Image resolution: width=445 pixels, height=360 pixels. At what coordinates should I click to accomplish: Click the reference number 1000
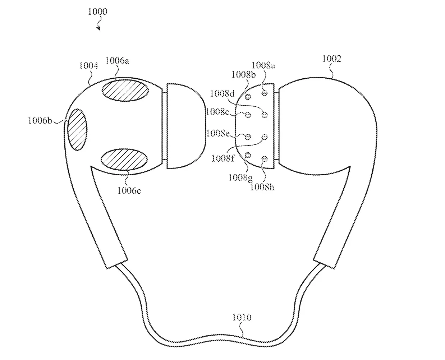tap(97, 11)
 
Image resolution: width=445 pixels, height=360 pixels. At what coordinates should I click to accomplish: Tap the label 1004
tap(88, 66)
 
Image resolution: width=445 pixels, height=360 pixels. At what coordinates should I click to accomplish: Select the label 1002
tap(332, 59)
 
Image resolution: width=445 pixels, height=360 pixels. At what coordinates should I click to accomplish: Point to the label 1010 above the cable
tap(242, 317)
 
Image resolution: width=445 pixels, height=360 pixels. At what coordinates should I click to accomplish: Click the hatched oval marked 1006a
tap(125, 90)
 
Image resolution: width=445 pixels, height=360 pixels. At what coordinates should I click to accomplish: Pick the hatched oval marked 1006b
tap(77, 129)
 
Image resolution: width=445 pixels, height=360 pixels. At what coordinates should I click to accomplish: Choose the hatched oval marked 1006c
tap(124, 159)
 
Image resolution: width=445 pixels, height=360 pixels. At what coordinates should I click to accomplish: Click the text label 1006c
tap(129, 190)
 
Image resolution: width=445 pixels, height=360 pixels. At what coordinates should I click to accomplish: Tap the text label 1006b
tap(40, 120)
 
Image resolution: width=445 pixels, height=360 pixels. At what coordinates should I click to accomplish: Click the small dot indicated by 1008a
tap(265, 92)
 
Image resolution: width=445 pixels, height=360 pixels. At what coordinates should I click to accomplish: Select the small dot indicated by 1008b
tap(248, 97)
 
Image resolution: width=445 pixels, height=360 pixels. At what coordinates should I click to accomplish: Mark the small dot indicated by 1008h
tap(265, 159)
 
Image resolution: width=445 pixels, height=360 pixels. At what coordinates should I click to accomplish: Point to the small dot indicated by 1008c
tap(248, 115)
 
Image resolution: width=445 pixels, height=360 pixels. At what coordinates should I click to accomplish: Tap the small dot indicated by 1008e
tap(248, 137)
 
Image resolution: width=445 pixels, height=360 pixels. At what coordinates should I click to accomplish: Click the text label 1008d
tap(222, 93)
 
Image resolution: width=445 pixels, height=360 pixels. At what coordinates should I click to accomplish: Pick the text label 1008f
tap(223, 158)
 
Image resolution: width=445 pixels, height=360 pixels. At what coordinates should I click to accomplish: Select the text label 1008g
tap(240, 178)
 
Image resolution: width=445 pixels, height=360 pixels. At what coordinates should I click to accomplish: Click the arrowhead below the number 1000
tap(99, 29)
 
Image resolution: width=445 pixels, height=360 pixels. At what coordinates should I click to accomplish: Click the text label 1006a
tap(117, 61)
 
